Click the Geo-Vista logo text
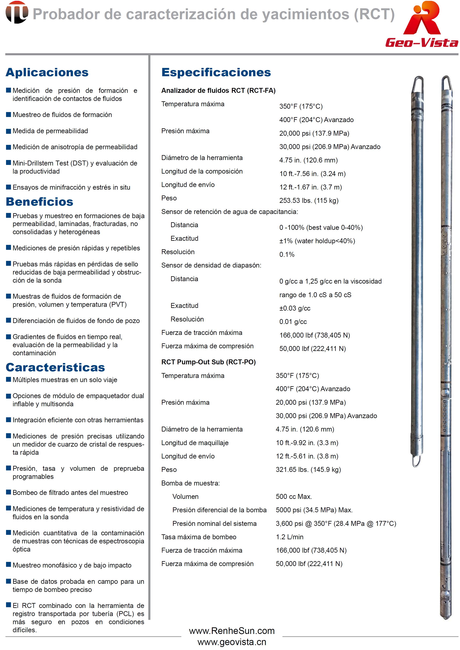point(422,42)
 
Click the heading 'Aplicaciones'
point(47,72)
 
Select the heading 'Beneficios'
point(39,202)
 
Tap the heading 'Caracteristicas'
point(55,367)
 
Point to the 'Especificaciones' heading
point(216,72)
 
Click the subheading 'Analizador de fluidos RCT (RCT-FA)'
point(218,90)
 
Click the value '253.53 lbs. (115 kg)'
point(309,201)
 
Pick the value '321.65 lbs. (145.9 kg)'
point(308,470)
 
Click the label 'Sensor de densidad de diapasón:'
point(211,265)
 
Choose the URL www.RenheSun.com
point(232,631)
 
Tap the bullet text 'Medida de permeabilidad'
point(50,131)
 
